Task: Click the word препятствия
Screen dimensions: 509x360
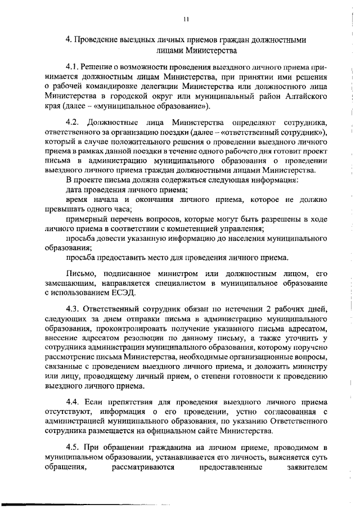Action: pyautogui.click(x=120, y=403)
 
